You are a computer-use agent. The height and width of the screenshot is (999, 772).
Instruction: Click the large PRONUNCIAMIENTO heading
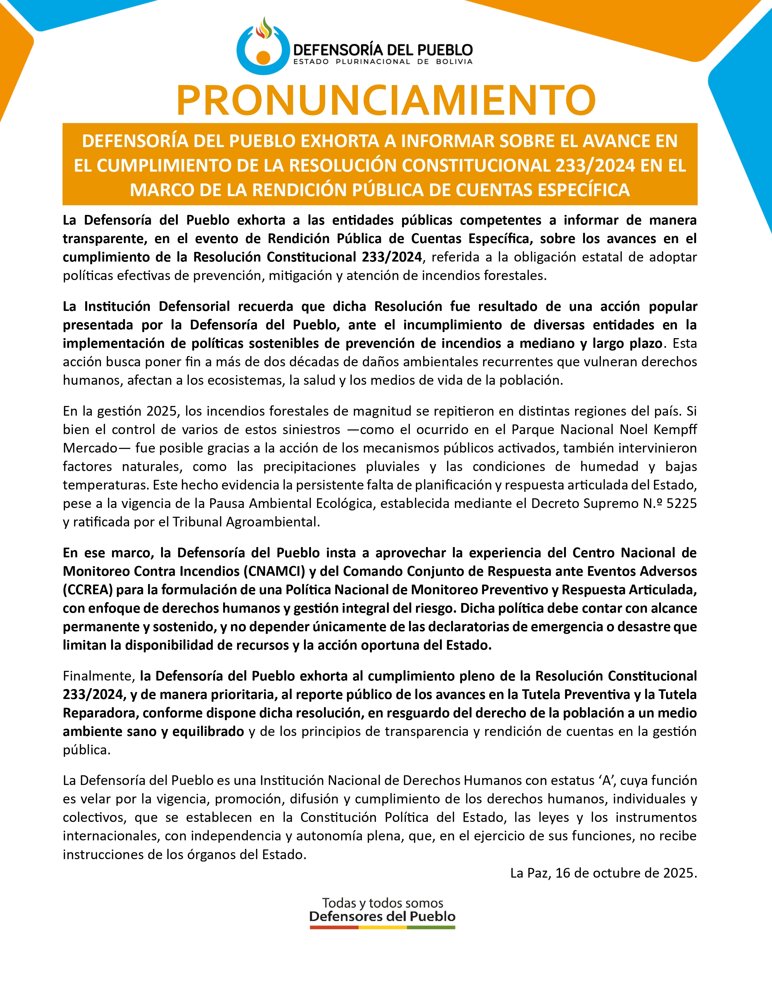pos(386,100)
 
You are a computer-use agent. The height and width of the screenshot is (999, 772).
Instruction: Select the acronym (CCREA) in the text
pos(88,590)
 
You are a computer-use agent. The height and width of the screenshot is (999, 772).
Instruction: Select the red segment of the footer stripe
pos(334,928)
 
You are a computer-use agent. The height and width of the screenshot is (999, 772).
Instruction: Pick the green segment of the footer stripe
pos(431,928)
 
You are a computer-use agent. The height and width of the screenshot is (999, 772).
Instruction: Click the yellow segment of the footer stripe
pos(382,928)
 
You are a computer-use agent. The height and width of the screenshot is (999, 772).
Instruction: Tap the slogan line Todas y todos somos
pos(382,903)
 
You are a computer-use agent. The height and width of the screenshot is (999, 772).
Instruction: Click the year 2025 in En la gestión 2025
pos(161,411)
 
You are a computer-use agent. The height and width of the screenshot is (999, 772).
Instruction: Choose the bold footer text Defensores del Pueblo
pos(382,916)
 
